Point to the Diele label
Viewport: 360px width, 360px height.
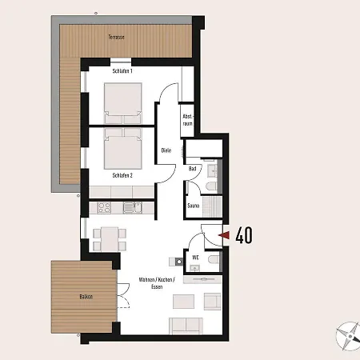point(166,150)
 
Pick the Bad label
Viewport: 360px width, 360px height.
point(193,169)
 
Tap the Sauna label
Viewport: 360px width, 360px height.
point(194,206)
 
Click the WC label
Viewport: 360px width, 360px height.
point(195,257)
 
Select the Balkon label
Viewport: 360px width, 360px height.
point(86,296)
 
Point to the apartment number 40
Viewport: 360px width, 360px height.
point(245,235)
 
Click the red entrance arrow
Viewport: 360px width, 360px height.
point(226,235)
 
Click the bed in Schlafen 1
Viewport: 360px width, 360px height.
point(122,102)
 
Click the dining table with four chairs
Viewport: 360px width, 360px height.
point(107,238)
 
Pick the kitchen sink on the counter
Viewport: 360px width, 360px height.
point(130,208)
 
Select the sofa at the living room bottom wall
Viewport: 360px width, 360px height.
point(187,325)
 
